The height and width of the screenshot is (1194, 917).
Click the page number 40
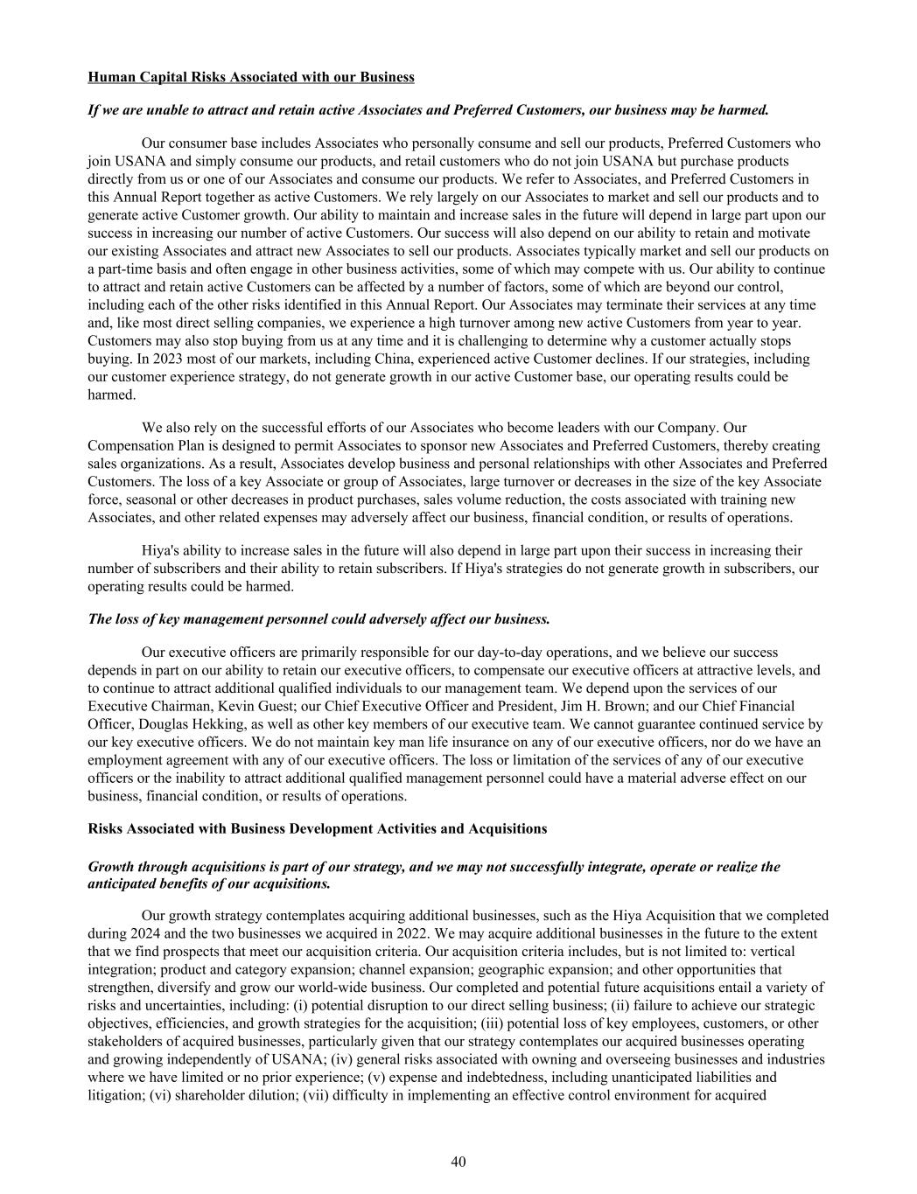(458, 1162)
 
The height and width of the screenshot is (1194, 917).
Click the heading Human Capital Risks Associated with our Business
(251, 77)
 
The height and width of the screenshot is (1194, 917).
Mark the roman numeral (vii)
(317, 1095)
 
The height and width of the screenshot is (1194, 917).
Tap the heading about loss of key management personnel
(319, 619)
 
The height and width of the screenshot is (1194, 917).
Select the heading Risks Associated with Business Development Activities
(318, 828)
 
